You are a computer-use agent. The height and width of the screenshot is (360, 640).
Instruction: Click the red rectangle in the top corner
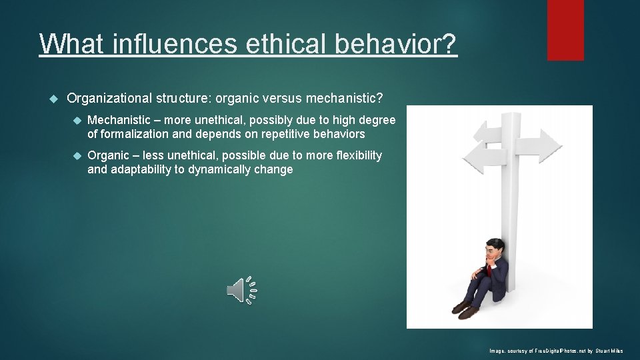565,30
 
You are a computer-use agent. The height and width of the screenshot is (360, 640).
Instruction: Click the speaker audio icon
241,290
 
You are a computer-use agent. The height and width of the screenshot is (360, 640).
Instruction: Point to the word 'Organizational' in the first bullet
110,99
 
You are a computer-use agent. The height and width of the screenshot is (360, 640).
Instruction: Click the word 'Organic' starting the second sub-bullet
109,155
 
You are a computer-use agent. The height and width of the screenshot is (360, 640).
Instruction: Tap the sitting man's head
493,249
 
